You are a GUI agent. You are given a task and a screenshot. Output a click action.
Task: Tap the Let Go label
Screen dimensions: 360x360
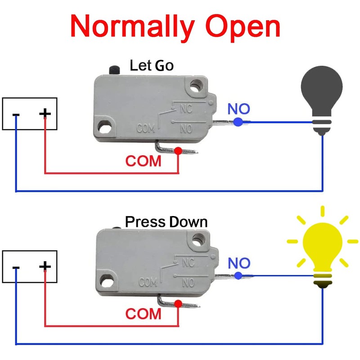pyautogui.click(x=152, y=65)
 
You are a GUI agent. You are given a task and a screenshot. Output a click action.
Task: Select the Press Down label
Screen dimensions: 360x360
pyautogui.click(x=166, y=222)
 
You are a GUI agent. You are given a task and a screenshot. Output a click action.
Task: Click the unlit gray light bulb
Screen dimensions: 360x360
pyautogui.click(x=322, y=100)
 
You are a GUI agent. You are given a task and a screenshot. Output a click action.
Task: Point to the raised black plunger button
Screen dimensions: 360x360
pyautogui.click(x=114, y=70)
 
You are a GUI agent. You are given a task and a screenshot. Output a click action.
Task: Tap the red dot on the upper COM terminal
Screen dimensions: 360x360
pyautogui.click(x=178, y=151)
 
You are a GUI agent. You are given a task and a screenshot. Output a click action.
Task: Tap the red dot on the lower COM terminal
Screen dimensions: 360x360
pyautogui.click(x=178, y=304)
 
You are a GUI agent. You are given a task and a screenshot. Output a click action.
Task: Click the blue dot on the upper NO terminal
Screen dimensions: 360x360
pyautogui.click(x=238, y=122)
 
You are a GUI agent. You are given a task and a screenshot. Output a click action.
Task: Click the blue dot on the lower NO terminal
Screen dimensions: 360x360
pyautogui.click(x=238, y=275)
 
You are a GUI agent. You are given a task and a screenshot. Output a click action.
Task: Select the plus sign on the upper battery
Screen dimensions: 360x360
pyautogui.click(x=45, y=113)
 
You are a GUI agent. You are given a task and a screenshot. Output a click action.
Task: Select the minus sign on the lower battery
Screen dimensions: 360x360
pyautogui.click(x=16, y=268)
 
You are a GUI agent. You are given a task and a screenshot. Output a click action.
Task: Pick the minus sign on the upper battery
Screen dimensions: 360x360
pyautogui.click(x=16, y=115)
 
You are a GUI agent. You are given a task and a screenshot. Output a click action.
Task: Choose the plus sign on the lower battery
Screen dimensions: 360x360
pyautogui.click(x=45, y=266)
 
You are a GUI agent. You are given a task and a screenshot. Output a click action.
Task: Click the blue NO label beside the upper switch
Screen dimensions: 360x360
pyautogui.click(x=238, y=109)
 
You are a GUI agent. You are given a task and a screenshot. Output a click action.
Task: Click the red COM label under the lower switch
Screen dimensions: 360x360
pyautogui.click(x=143, y=314)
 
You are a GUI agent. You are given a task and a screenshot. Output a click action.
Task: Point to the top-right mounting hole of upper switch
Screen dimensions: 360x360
pyautogui.click(x=196, y=86)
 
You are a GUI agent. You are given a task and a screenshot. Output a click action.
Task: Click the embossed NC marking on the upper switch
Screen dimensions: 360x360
pyautogui.click(x=186, y=108)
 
